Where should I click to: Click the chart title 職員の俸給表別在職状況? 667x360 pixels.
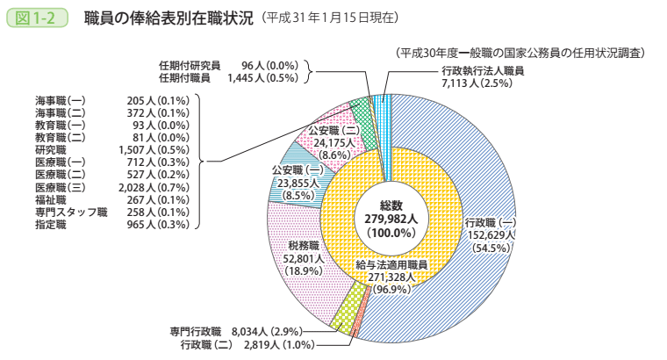pyautogui.click(x=166, y=17)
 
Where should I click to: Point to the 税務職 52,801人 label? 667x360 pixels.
pyautogui.click(x=303, y=259)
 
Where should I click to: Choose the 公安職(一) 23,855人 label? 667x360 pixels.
pyautogui.click(x=296, y=183)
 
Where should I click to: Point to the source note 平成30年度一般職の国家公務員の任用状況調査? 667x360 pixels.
pyautogui.click(x=520, y=54)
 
